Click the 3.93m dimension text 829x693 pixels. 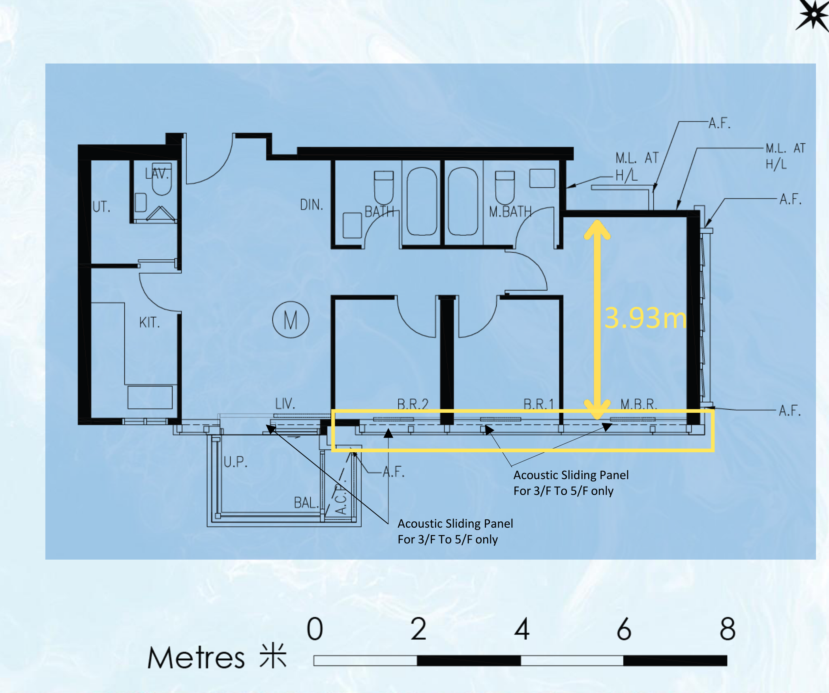tap(645, 318)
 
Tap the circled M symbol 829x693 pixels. tap(291, 320)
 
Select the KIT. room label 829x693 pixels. tap(150, 322)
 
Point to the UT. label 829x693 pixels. tap(101, 206)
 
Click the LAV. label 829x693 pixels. tap(157, 173)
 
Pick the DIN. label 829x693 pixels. tap(311, 204)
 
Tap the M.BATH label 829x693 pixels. tap(510, 212)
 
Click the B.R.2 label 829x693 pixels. tap(413, 404)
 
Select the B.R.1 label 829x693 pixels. tap(538, 404)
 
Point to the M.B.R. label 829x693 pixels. tap(638, 404)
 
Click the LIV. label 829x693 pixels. tap(285, 403)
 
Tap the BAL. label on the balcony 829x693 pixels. tap(306, 503)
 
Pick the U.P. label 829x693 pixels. tap(236, 462)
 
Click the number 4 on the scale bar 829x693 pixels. tap(521, 629)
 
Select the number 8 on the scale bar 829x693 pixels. tap(727, 629)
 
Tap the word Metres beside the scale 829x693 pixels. tap(196, 658)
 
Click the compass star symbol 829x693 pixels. tap(813, 14)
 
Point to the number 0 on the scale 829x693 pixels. tap(315, 629)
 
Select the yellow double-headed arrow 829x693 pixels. tap(598, 319)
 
